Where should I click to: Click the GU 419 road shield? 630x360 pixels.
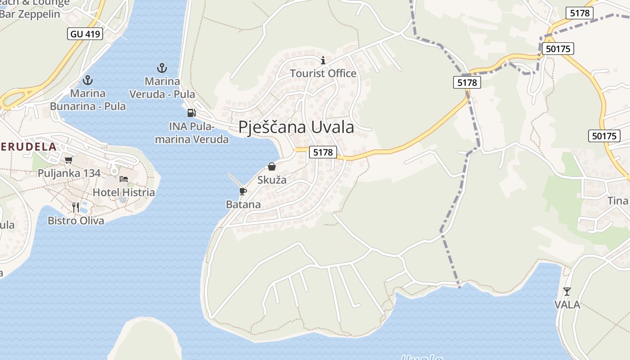(x=85, y=34)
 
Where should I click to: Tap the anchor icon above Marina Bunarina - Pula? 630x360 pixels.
(x=88, y=81)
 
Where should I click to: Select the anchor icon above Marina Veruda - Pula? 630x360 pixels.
(x=162, y=68)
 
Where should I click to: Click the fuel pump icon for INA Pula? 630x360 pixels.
(x=191, y=112)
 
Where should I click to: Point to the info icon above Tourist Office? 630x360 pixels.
(x=323, y=60)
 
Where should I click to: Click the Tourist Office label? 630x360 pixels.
(x=323, y=73)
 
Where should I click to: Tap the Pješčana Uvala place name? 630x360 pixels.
(x=296, y=127)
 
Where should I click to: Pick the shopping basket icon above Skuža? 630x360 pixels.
(x=272, y=166)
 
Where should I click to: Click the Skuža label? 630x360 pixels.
(x=272, y=180)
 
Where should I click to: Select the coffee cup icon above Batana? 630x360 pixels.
(x=243, y=192)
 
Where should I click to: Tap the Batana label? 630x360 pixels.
(x=243, y=205)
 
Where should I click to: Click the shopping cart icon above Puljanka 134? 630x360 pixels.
(x=69, y=160)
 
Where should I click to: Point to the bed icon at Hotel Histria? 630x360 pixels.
(x=124, y=179)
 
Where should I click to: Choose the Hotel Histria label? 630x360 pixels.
(x=123, y=193)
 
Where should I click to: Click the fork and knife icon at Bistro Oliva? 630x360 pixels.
(x=76, y=207)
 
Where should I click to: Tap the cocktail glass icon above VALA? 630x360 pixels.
(x=567, y=292)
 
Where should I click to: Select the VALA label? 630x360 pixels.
(x=567, y=305)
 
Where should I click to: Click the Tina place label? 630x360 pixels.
(x=617, y=201)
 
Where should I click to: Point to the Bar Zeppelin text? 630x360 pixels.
(x=31, y=14)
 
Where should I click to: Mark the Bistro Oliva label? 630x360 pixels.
(x=76, y=220)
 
